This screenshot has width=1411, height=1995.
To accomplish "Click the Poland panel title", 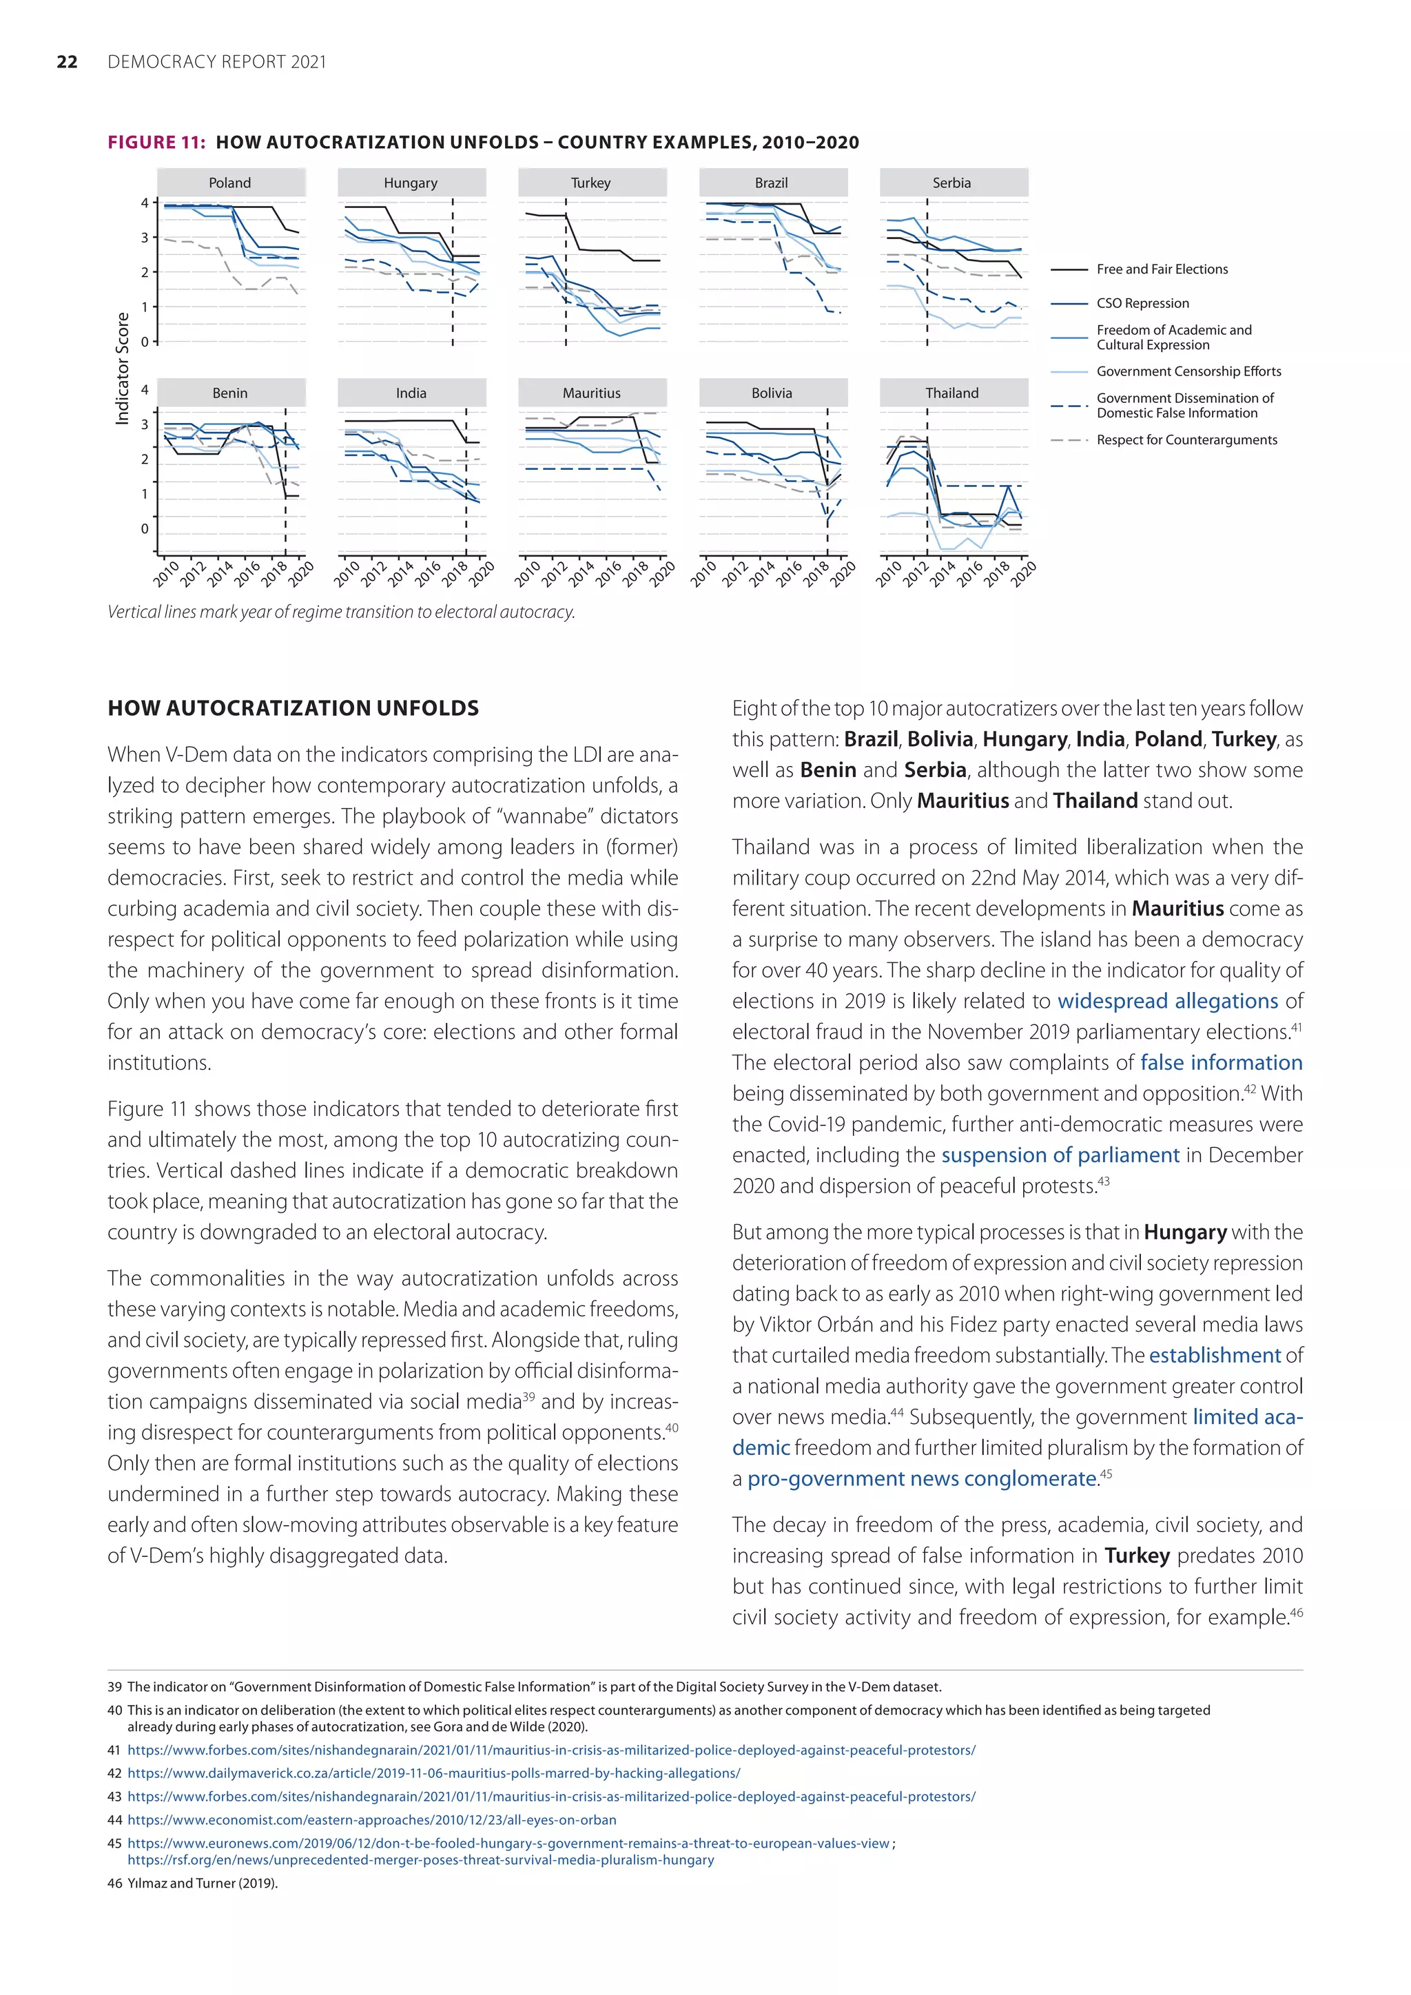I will coord(230,183).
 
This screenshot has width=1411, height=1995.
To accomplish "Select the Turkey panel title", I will coord(591,183).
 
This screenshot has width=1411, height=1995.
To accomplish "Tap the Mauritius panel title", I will coord(592,393).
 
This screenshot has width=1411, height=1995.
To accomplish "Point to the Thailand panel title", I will coord(952,393).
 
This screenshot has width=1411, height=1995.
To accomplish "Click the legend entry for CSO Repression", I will coord(1142,303).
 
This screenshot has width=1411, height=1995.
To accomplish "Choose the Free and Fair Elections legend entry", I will coord(1162,269).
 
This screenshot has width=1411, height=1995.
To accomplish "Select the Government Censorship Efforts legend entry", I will coord(1188,371).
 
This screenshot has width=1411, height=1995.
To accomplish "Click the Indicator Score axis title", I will coord(123,369).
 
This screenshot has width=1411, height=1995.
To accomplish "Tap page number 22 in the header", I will coord(67,62).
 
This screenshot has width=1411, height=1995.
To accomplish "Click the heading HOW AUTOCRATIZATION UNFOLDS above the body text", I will coord(293,708).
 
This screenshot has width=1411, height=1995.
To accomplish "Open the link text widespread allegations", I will coord(1167,1001).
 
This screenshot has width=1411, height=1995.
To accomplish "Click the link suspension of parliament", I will coord(1060,1155).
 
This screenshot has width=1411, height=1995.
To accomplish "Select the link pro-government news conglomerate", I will coord(922,1478).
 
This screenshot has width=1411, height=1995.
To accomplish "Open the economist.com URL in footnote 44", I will coord(372,1819).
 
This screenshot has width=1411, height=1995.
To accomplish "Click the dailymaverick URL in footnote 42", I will coord(433,1772).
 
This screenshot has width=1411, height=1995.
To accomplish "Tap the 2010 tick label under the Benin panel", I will coord(167,573).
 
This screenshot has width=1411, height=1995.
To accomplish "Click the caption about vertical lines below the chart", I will coord(340,612).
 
